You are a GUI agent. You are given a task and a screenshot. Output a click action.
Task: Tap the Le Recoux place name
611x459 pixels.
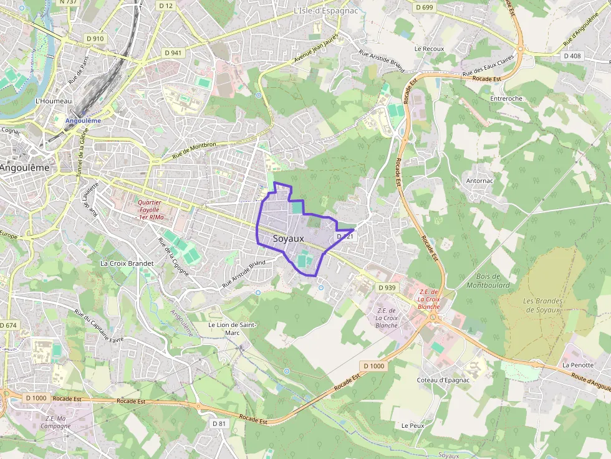coord(429,49)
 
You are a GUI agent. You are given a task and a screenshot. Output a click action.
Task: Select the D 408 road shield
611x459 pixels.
coord(572,56)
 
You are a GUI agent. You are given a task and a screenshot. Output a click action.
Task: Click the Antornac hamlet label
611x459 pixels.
coord(479,181)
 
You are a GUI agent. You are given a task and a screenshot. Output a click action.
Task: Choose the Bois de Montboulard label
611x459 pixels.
coord(488,281)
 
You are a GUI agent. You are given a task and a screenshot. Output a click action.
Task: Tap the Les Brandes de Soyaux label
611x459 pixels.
coord(543,305)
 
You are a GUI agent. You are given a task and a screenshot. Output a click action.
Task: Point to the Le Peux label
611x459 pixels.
coord(413,426)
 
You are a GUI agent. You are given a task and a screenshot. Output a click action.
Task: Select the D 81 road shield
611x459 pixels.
coord(218,424)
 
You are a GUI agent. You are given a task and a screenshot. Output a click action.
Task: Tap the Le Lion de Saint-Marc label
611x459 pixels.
coord(232,329)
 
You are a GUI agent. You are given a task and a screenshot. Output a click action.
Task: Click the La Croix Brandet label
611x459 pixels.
coord(127,263)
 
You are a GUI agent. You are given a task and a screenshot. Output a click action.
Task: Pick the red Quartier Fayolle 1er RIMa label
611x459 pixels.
coord(150,209)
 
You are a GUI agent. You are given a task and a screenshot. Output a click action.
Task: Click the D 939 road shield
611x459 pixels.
coord(387,288)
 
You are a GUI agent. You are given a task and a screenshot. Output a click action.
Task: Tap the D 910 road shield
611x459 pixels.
coord(95,39)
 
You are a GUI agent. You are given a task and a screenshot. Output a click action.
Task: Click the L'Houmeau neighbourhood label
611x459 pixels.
coord(54,101)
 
